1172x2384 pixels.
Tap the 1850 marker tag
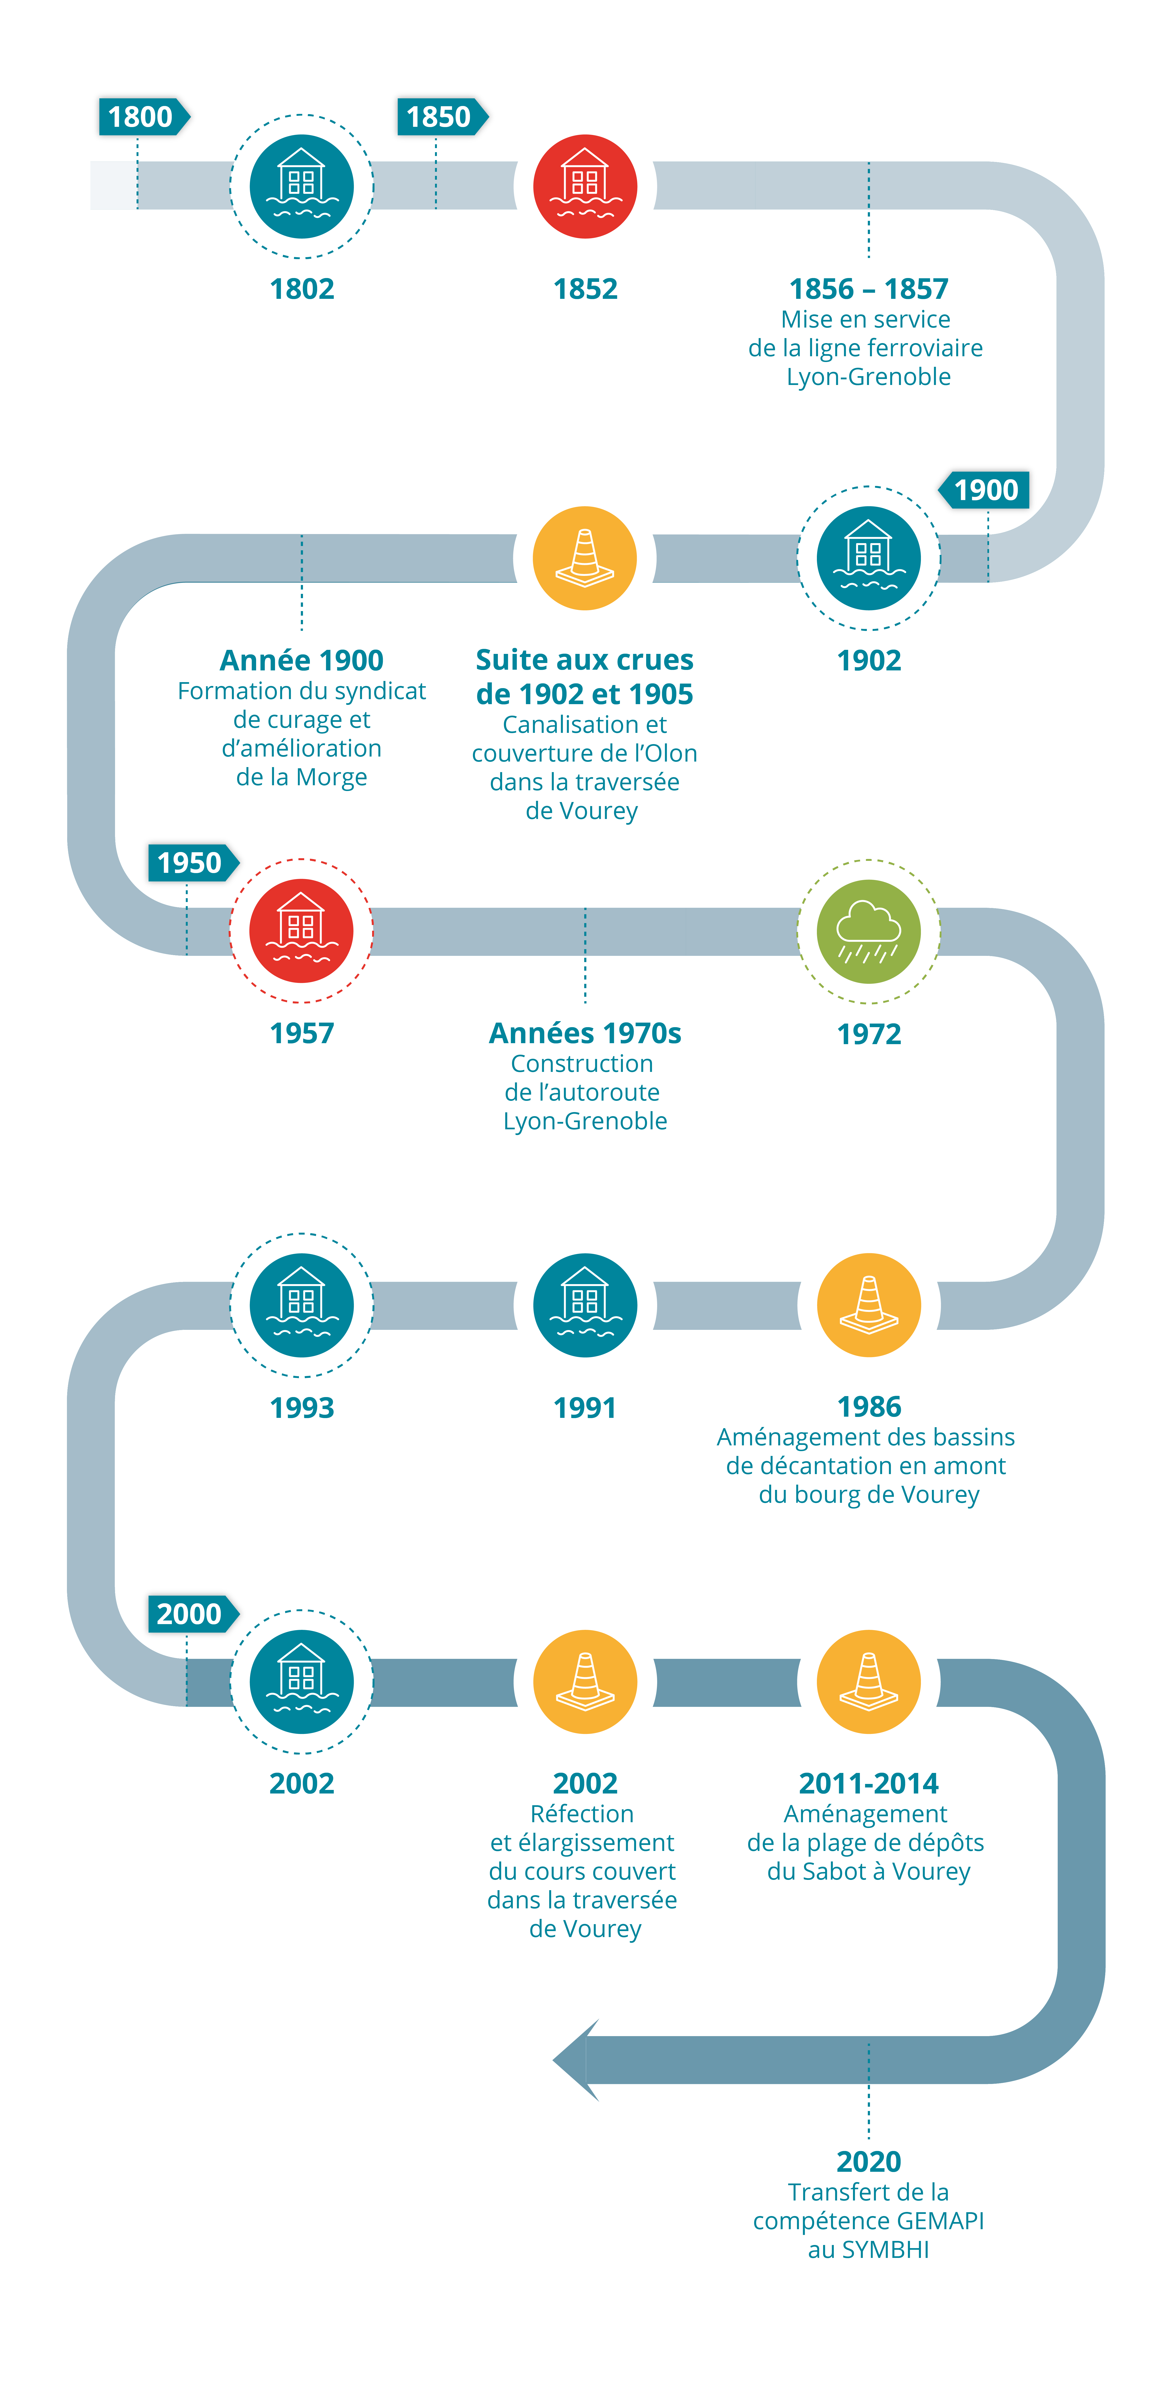[440, 117]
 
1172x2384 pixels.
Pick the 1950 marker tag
[191, 863]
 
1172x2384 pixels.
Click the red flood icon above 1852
[585, 186]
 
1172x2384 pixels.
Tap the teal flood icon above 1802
[302, 186]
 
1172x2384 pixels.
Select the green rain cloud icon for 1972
[869, 931]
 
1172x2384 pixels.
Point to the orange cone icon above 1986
[869, 1305]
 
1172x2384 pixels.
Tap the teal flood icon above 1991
[585, 1305]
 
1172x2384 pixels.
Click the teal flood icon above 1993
[302, 1305]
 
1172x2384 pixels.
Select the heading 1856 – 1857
[869, 289]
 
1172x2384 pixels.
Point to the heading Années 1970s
[585, 1033]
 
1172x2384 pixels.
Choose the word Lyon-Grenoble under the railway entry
[869, 377]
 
